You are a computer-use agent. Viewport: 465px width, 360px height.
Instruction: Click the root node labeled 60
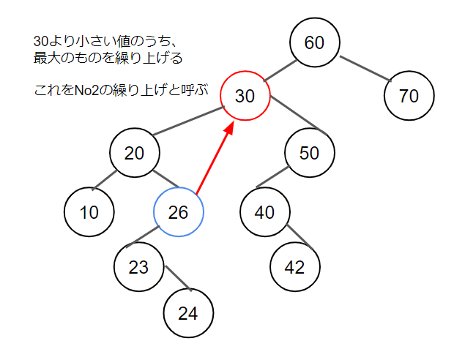coord(314,42)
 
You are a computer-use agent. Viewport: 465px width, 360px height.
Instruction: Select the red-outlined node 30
coord(246,96)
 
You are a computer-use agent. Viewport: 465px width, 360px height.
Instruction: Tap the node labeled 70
coord(409,95)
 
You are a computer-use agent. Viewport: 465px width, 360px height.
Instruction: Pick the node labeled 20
coord(135,153)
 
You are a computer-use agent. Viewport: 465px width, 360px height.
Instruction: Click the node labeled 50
coord(310,153)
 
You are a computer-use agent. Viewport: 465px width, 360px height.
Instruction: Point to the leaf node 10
coord(89,213)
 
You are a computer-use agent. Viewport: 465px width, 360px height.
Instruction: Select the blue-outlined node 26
coord(178,213)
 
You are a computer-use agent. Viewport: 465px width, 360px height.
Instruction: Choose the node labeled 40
coord(264,212)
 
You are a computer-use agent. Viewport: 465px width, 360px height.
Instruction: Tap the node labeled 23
coord(139,267)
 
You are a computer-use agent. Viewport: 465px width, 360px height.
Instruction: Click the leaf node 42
coord(294,267)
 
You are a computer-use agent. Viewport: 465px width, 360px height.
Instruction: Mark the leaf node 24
coord(187,313)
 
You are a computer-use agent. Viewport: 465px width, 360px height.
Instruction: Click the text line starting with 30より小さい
coord(102,42)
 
